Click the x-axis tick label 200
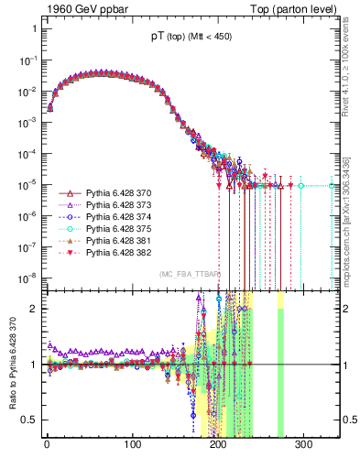click(218, 446)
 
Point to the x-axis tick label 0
click(47, 446)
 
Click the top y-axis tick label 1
click(33, 28)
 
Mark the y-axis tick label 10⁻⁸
click(27, 277)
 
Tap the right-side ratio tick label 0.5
click(349, 420)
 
